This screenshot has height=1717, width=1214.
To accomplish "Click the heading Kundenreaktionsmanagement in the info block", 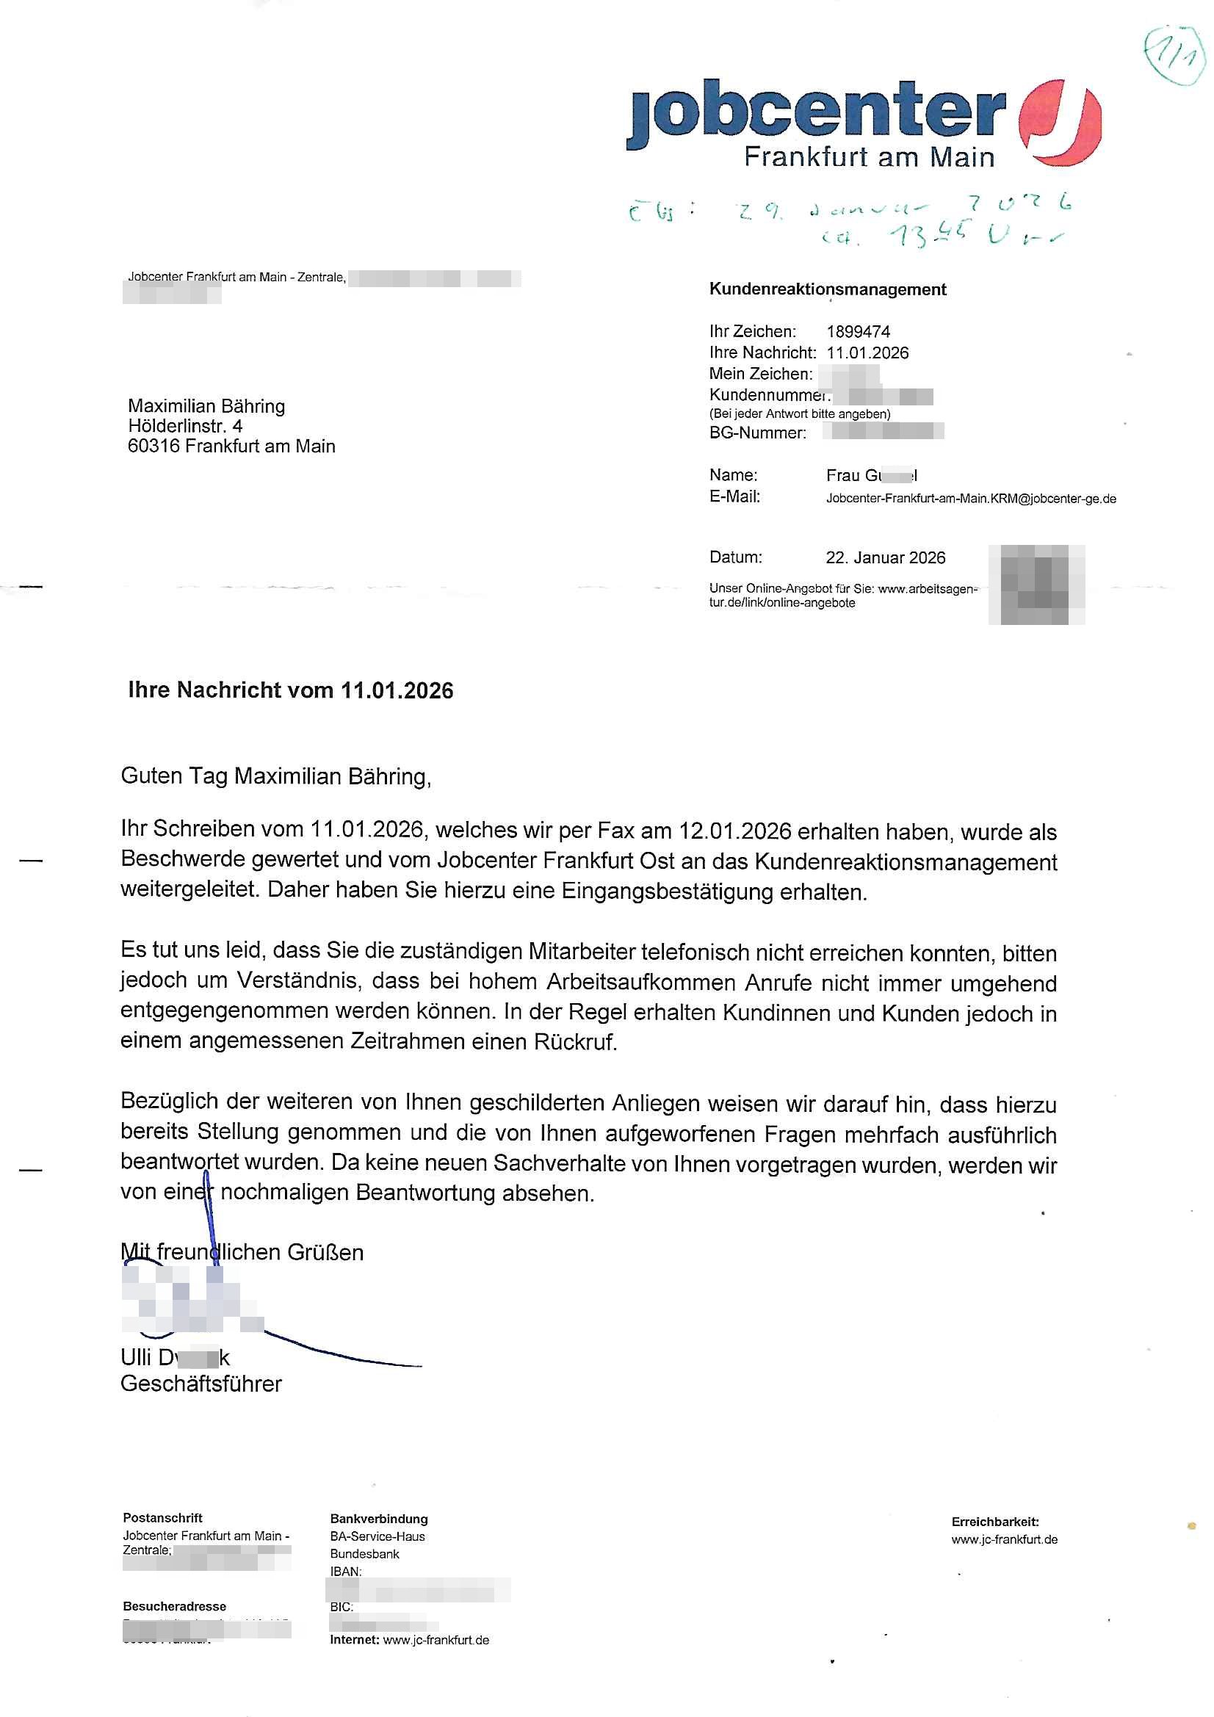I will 827,289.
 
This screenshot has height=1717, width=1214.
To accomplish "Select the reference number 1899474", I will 858,331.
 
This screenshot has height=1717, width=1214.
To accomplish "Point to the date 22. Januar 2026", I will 885,557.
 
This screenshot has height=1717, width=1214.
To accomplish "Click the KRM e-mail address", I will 970,498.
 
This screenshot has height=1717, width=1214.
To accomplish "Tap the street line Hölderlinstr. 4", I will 185,426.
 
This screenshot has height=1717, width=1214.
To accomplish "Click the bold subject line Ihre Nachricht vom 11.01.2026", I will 290,690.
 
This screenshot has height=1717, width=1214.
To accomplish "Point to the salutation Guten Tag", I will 174,776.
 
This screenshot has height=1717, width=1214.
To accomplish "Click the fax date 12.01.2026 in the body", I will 734,831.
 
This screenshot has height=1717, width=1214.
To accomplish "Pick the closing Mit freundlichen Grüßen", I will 242,1252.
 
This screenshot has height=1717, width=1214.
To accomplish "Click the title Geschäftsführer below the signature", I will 200,1384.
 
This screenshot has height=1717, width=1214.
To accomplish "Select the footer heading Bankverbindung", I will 378,1519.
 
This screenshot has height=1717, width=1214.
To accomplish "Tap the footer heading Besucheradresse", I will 174,1606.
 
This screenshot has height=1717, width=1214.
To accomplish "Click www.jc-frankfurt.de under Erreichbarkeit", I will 1004,1539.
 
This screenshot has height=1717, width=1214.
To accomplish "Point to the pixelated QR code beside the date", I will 1036,585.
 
